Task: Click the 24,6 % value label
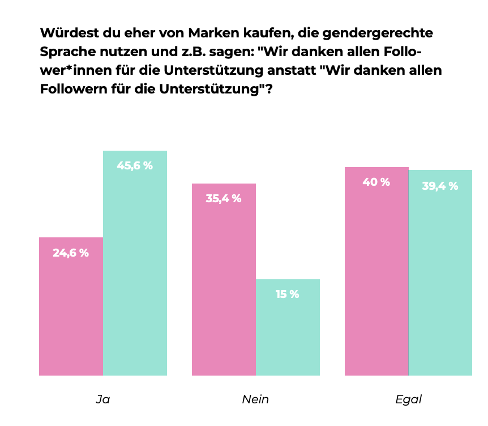(71, 253)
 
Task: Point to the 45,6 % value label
(135, 166)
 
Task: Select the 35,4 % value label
(224, 199)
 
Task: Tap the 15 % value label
(288, 295)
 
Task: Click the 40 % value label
(376, 182)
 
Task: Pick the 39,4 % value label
(440, 186)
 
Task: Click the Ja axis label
(102, 399)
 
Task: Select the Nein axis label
(255, 399)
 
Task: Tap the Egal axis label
(408, 399)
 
